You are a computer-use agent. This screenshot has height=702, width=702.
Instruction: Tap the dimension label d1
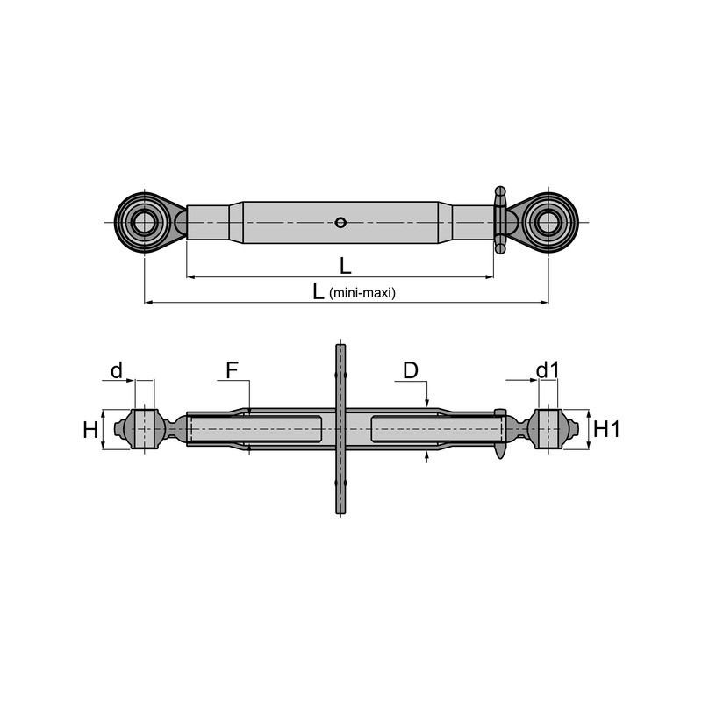click(547, 370)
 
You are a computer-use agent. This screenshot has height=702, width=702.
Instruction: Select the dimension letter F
click(232, 370)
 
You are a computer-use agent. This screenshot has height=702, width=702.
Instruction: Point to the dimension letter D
click(411, 370)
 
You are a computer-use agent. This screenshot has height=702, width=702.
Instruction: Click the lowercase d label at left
click(117, 370)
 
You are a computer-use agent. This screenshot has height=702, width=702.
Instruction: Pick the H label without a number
click(90, 429)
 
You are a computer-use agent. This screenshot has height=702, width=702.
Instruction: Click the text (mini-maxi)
click(362, 293)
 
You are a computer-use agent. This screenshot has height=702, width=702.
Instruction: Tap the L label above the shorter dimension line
click(345, 264)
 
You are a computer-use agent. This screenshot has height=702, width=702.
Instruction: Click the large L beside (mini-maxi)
click(319, 291)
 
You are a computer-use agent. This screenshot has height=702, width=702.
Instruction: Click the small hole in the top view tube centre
click(340, 222)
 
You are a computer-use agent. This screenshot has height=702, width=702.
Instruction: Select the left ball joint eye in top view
click(144, 222)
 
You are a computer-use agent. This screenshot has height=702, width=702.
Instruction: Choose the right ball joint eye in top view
click(548, 222)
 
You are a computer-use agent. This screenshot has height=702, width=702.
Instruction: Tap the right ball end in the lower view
click(548, 429)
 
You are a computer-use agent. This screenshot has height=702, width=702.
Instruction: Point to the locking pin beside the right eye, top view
click(500, 219)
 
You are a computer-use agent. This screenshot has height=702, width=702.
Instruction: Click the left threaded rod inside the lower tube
click(254, 429)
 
